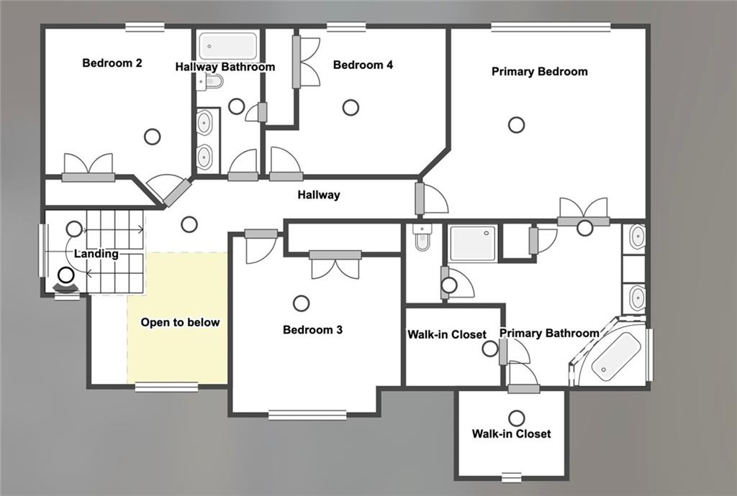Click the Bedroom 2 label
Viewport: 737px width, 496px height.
pos(112,63)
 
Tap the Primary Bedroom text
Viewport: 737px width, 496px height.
pos(539,72)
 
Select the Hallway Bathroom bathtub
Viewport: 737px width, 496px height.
pos(227,46)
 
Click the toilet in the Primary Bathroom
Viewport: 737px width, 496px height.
pos(422,238)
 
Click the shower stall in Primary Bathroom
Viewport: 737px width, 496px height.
pos(473,243)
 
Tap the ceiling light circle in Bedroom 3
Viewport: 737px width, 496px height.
pos(302,303)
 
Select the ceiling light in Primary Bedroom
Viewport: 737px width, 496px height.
pos(516,125)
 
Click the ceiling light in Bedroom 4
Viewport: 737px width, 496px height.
pos(351,108)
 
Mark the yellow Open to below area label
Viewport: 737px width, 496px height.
pos(180,323)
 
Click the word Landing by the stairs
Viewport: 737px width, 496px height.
pos(96,254)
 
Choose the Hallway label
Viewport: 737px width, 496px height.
pos(319,195)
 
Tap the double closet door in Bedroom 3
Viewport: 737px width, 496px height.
pos(335,264)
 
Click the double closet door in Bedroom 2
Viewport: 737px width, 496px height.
pos(89,167)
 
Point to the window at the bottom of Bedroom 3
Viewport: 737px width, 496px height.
pos(307,415)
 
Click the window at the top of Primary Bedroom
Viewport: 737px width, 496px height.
pos(551,27)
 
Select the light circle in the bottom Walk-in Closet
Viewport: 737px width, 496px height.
pos(516,418)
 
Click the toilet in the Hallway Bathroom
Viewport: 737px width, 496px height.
pos(212,82)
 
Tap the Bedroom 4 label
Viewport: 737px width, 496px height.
pos(363,65)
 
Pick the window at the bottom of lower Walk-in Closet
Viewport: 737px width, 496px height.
pos(511,477)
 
